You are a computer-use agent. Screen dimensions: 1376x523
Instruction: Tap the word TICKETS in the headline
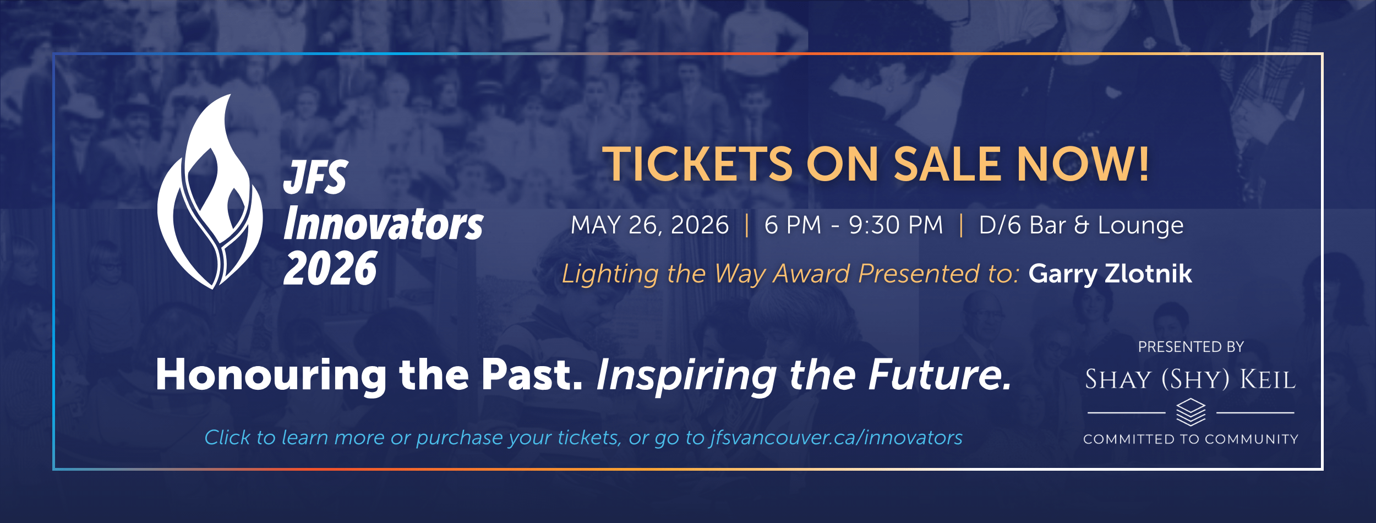pos(697,164)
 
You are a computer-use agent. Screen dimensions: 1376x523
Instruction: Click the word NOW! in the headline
pos(1083,164)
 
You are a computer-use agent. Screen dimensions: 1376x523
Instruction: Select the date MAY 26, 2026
pos(649,225)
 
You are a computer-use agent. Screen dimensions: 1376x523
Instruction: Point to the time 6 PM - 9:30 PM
pos(854,225)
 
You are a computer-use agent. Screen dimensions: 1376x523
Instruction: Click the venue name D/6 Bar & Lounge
pos(1081,225)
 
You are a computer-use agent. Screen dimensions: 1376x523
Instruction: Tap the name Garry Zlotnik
pos(1110,274)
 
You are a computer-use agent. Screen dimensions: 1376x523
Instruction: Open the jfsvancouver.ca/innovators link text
pos(836,438)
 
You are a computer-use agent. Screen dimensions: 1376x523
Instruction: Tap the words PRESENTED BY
pos(1191,347)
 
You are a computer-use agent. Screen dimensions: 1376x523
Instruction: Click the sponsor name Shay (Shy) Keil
pos(1191,380)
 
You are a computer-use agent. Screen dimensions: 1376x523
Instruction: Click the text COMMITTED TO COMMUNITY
pos(1191,439)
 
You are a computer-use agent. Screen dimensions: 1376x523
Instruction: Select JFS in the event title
pos(316,177)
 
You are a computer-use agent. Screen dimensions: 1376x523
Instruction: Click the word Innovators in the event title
pos(383,224)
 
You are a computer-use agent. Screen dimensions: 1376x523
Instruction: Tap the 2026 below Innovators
pos(330,268)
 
